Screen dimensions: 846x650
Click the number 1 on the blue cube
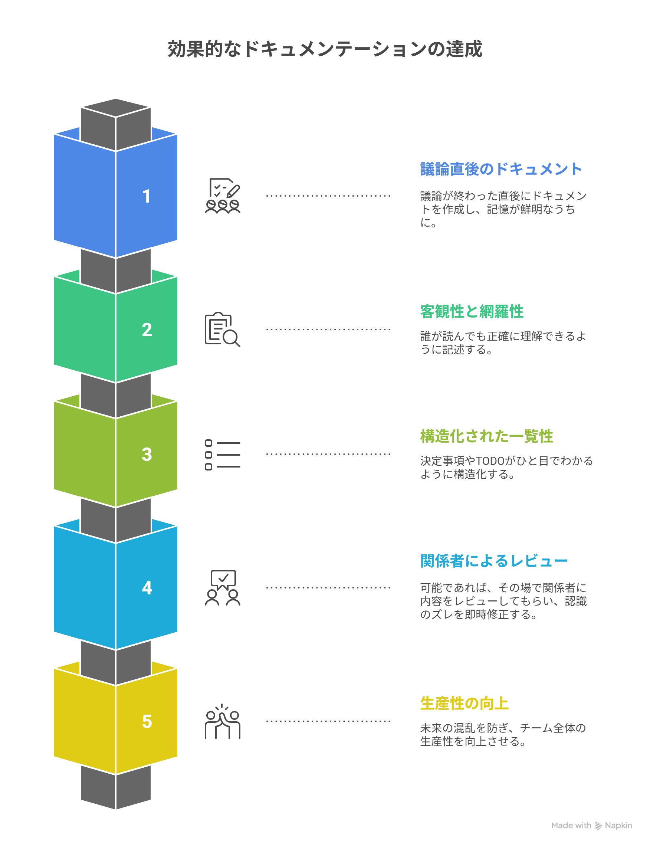tap(146, 196)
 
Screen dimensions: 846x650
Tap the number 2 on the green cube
tap(147, 330)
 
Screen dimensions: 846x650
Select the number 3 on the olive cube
tap(147, 454)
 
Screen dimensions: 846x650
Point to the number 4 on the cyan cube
tap(147, 588)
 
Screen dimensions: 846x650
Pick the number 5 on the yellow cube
tap(147, 721)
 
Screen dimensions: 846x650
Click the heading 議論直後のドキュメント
tap(501, 169)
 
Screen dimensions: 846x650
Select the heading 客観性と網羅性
tap(472, 312)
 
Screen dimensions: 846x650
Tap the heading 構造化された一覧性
tap(486, 436)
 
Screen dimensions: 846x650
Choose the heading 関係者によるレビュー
tap(494, 561)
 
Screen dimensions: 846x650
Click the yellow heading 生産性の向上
tap(464, 703)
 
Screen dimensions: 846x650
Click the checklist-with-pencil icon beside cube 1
tap(223, 196)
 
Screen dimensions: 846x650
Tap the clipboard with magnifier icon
tap(223, 329)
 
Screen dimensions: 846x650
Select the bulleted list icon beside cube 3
tap(223, 455)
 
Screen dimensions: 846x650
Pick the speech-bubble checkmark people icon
tap(223, 587)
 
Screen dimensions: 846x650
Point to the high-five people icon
tap(223, 721)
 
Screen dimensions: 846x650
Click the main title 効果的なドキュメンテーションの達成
tap(325, 49)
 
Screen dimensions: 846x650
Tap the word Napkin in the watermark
tap(618, 826)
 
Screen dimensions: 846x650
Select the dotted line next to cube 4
tap(328, 587)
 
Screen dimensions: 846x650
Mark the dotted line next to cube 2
tap(328, 329)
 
